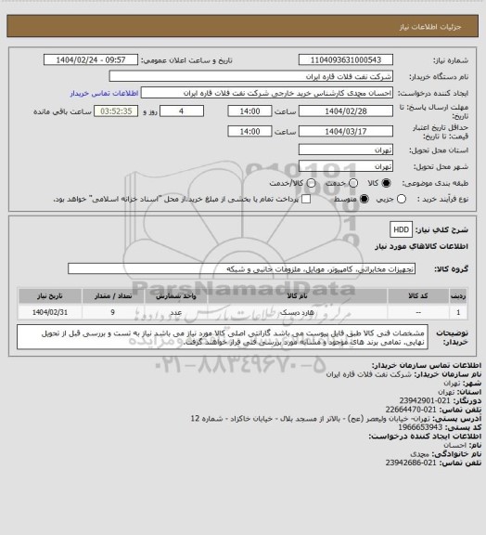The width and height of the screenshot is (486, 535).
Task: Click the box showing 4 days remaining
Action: (x=193, y=111)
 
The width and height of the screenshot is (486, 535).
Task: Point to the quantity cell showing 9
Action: (x=112, y=312)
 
